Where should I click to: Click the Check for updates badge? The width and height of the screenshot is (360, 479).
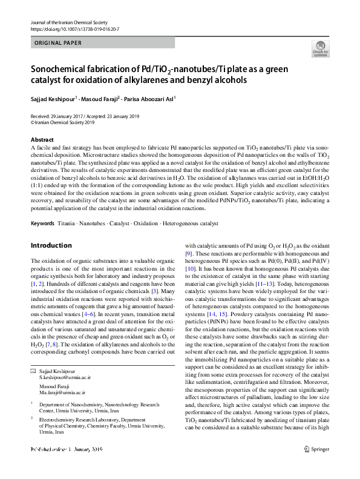(320, 48)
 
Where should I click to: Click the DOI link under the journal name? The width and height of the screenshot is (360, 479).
(74, 29)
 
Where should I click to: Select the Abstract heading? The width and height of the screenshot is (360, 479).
(42, 140)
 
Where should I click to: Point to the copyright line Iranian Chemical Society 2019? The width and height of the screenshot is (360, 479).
(63, 122)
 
